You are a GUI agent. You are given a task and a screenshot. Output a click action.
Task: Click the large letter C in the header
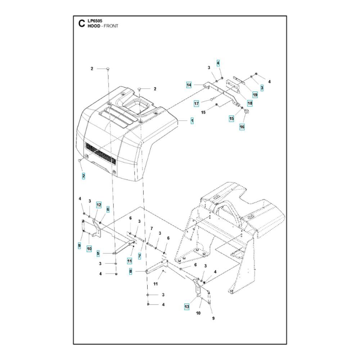coord(81,24)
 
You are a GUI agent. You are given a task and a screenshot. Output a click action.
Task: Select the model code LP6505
coord(95,21)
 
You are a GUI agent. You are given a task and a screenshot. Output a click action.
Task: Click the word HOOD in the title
coord(94,26)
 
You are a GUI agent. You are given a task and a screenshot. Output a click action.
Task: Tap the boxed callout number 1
coord(192,121)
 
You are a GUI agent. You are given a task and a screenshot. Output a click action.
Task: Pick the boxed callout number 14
coord(189,85)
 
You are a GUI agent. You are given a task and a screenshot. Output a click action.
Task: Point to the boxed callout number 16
coord(242,127)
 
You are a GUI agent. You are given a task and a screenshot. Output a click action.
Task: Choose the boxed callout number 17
coord(196,104)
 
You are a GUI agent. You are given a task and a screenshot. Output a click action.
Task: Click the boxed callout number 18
coord(250,103)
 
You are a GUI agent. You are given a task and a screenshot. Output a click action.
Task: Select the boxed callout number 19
coord(255,95)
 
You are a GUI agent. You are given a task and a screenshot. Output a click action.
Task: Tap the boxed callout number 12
coord(99,205)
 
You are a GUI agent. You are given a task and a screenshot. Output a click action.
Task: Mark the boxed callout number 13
coord(186,306)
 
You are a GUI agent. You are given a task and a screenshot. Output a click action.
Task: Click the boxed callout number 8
coord(131,271)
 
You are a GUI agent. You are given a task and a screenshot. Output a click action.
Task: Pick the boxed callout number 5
coord(98,253)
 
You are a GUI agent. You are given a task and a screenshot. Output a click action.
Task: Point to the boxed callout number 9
coord(79,246)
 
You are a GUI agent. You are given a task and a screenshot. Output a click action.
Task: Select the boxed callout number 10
coord(89,249)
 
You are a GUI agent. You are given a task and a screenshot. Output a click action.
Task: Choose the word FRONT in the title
coord(111,26)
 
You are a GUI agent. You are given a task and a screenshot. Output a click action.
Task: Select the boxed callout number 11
coord(130,261)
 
